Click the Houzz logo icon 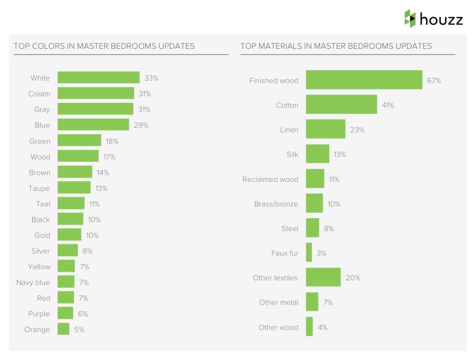click(410, 19)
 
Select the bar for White click(99, 78)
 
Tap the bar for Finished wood click(364, 80)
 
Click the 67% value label click(434, 81)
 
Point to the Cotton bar click(341, 105)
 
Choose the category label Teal click(43, 204)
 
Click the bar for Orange click(63, 330)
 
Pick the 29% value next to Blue click(141, 125)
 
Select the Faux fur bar click(309, 253)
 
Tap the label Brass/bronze click(276, 204)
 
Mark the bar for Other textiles click(323, 278)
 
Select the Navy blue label click(33, 283)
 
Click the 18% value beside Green click(112, 141)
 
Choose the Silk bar click(317, 154)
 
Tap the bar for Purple click(65, 314)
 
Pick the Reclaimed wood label click(270, 180)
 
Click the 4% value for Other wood click(322, 327)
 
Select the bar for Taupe click(74, 188)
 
